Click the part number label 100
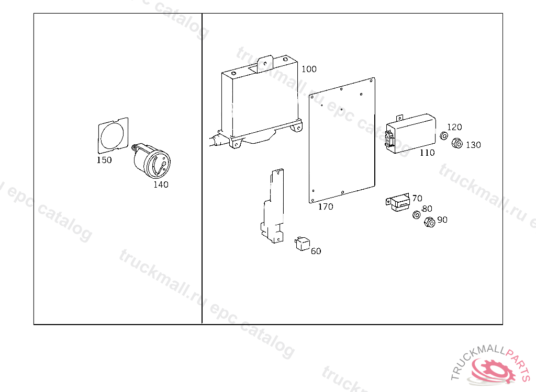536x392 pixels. pyautogui.click(x=309, y=69)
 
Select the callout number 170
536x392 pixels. pyautogui.click(x=326, y=206)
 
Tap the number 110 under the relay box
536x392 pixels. pyautogui.click(x=427, y=153)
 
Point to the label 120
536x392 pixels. pyautogui.click(x=454, y=127)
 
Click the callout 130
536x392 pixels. pyautogui.click(x=473, y=145)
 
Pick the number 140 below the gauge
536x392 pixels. pyautogui.click(x=161, y=185)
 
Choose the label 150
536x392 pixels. pyautogui.click(x=104, y=160)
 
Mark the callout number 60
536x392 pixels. pyautogui.click(x=316, y=251)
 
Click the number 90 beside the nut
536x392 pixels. pyautogui.click(x=442, y=220)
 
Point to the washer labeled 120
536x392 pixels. pyautogui.click(x=443, y=136)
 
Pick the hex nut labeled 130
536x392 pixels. pyautogui.click(x=456, y=143)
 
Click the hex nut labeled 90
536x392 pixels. pyautogui.click(x=429, y=222)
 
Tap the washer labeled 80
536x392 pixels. pyautogui.click(x=417, y=214)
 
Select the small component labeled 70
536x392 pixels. pyautogui.click(x=399, y=203)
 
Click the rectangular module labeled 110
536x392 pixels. pyautogui.click(x=411, y=133)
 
